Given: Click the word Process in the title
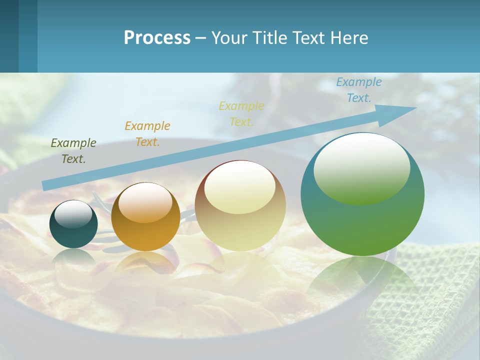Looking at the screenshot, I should point(157,38).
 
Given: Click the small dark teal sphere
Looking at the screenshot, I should point(73,224).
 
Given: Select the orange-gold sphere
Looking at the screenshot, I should point(145,216).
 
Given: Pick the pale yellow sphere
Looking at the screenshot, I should point(240,206).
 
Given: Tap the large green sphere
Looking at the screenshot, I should point(362,194).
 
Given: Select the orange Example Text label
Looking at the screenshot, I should point(147,134).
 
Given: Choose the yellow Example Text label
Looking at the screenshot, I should point(241,114).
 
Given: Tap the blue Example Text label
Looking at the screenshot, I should point(359,90).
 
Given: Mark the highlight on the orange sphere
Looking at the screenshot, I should point(145,202).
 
